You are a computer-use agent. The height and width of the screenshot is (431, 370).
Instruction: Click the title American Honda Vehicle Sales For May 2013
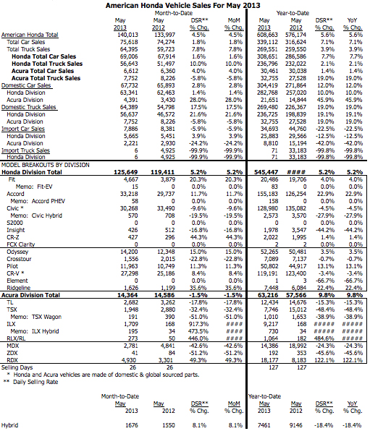click(x=185, y=5)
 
